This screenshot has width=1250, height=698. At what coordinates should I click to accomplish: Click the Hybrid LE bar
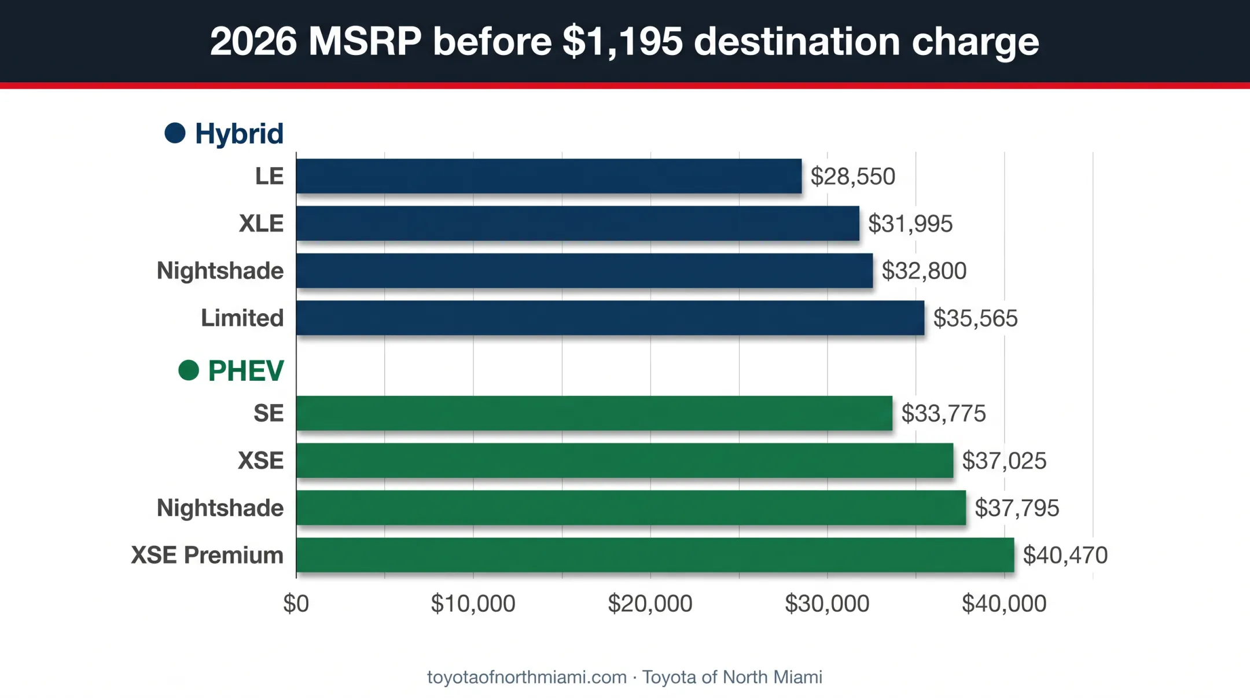click(549, 176)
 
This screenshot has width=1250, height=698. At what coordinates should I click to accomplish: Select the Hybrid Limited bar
click(610, 318)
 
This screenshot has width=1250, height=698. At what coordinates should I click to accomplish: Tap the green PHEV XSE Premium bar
click(655, 554)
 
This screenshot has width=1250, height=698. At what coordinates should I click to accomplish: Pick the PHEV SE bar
click(594, 413)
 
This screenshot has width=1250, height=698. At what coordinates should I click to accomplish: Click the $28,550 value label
click(853, 177)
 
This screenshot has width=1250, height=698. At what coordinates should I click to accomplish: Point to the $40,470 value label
click(1065, 555)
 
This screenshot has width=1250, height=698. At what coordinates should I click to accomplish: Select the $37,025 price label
click(1004, 461)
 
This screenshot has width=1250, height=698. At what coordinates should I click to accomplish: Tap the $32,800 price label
click(924, 271)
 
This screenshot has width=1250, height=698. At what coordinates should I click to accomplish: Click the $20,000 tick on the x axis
click(650, 604)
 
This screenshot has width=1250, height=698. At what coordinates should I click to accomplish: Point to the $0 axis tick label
click(296, 604)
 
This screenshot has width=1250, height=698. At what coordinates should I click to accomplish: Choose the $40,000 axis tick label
click(1004, 604)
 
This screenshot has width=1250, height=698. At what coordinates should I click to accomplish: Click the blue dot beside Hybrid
click(175, 133)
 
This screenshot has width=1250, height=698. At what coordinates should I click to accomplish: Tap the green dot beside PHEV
click(189, 370)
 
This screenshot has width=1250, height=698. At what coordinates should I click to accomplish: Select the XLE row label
click(262, 223)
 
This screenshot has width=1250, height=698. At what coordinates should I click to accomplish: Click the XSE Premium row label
click(207, 555)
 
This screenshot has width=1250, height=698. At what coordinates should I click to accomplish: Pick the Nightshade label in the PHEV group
click(220, 508)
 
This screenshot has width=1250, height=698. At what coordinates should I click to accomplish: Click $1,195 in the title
click(623, 42)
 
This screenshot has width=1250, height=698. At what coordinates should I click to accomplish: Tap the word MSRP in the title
click(365, 42)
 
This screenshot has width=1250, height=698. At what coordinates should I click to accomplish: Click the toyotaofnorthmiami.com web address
click(527, 677)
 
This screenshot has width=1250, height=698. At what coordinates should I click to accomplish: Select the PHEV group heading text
click(246, 370)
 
